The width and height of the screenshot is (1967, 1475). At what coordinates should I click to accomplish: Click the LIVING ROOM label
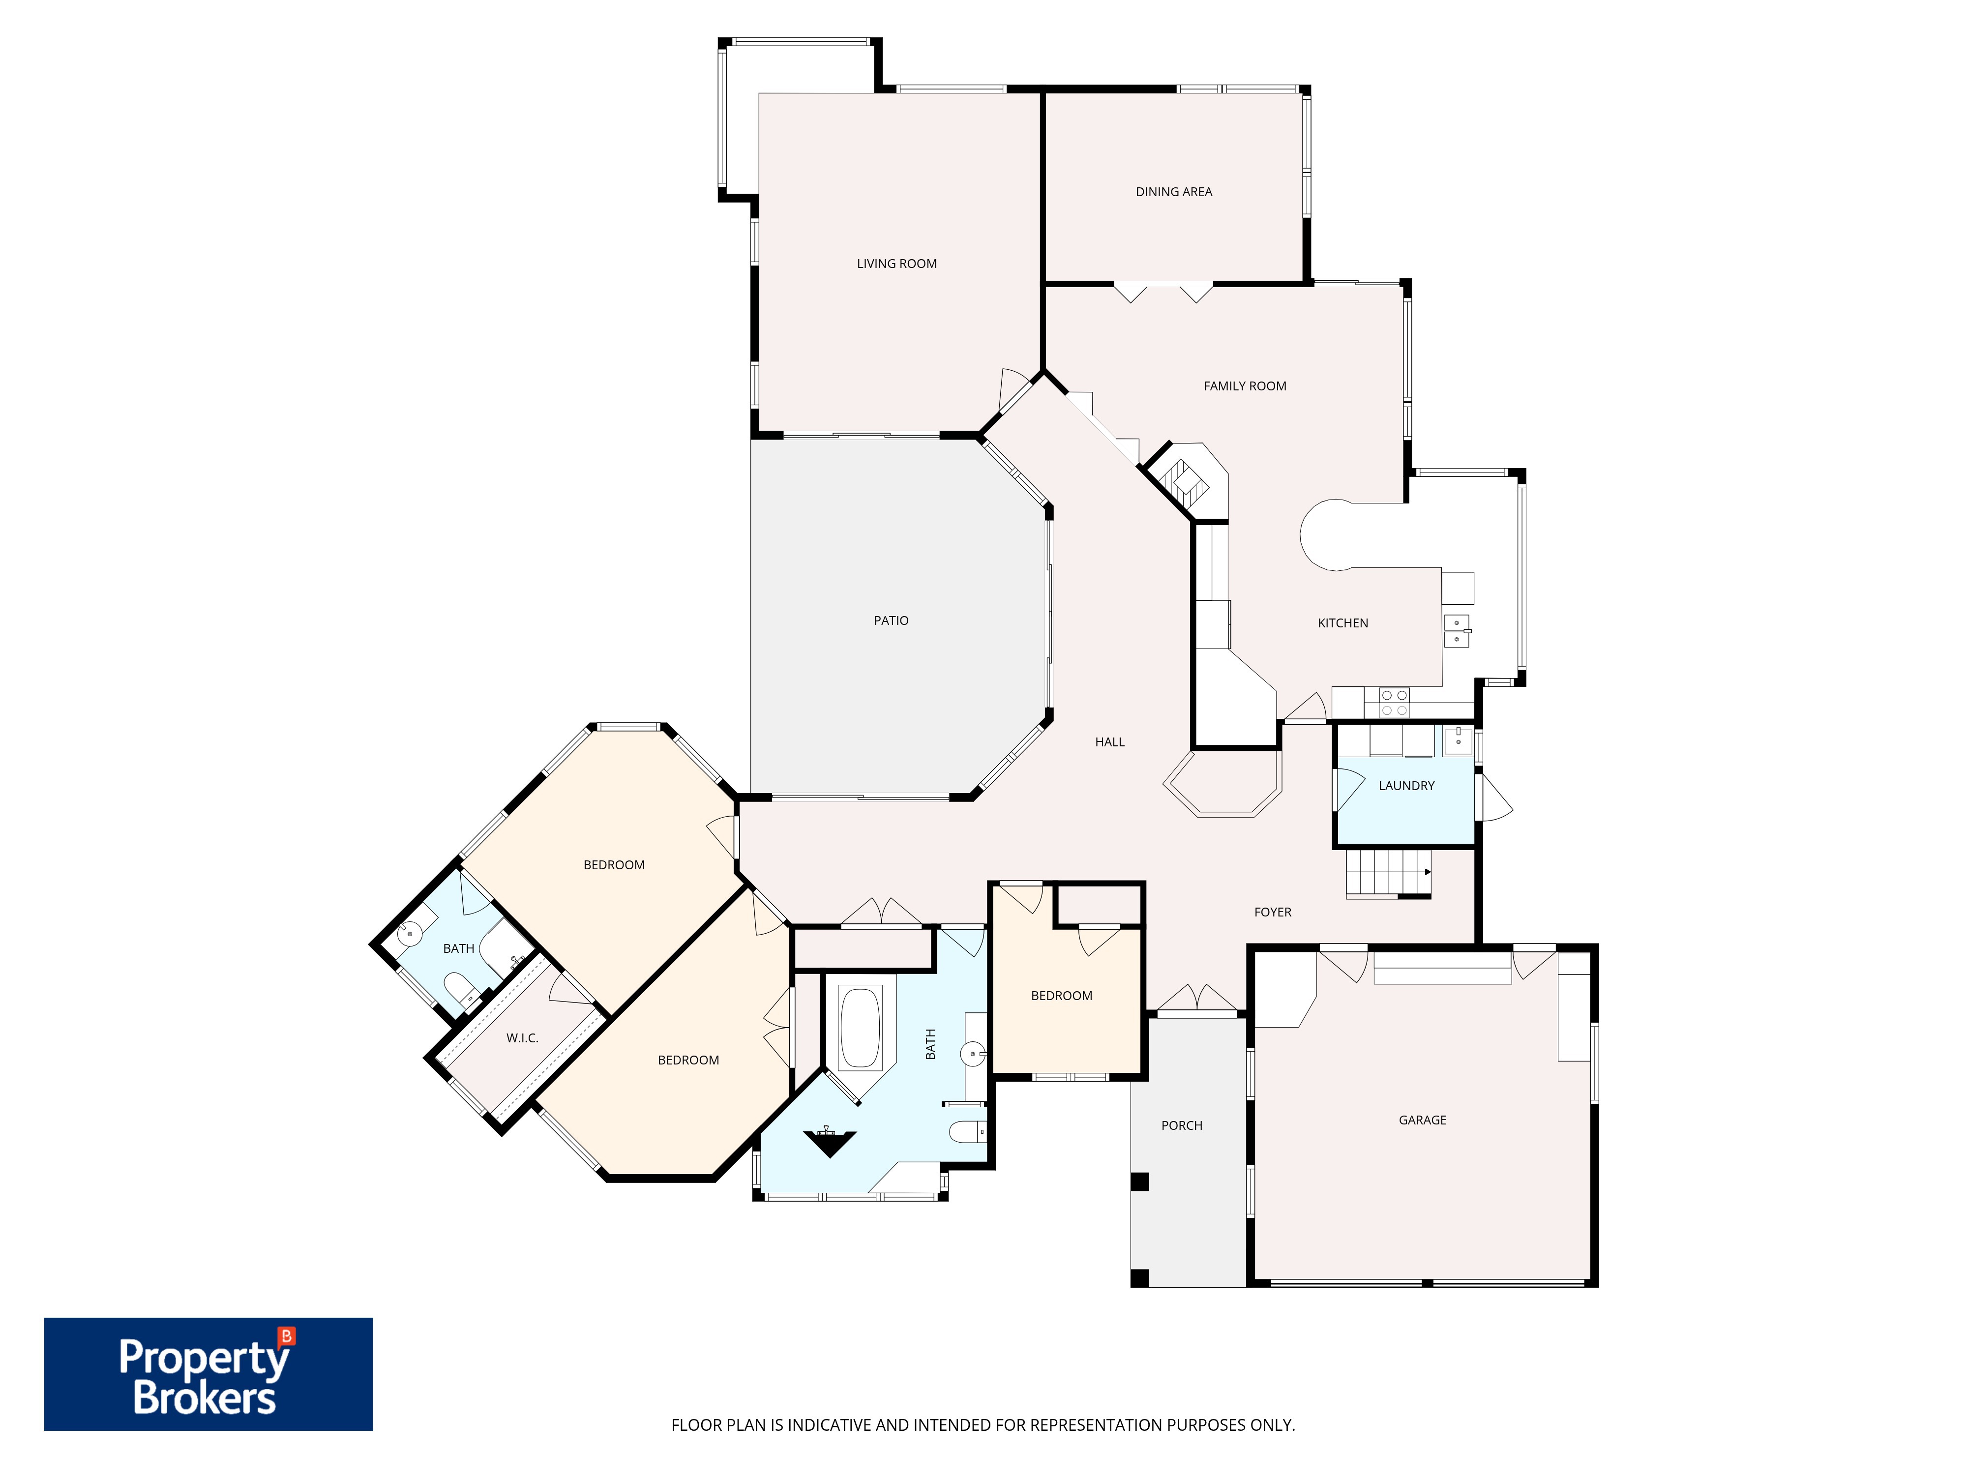click(x=896, y=264)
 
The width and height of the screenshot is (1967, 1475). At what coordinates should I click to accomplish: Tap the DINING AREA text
click(x=1174, y=192)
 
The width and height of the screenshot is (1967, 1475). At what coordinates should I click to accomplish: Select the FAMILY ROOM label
click(x=1245, y=386)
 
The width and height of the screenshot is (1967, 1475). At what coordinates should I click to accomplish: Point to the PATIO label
click(x=891, y=620)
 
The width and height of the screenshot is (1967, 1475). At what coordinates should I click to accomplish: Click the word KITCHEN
click(x=1343, y=623)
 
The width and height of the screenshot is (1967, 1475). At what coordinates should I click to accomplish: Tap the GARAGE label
click(x=1423, y=1120)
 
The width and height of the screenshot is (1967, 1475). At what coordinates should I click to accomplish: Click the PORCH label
click(x=1182, y=1125)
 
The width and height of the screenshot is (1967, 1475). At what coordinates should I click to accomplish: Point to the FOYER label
click(x=1273, y=912)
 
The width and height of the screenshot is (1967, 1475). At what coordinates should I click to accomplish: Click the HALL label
click(x=1110, y=742)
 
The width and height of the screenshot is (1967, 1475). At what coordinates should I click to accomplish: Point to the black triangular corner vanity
click(x=830, y=1142)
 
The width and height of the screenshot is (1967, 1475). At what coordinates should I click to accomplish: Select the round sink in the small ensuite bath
click(x=409, y=935)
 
